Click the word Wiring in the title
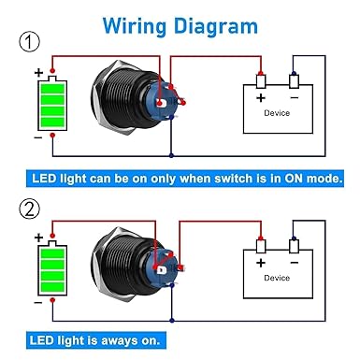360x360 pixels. pos(135,26)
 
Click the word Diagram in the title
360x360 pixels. pos(216,26)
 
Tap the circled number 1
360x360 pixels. pos(30,42)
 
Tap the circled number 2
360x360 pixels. pos(30,209)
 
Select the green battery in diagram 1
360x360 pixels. pos(52,103)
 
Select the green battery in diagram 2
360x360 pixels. pos(52,268)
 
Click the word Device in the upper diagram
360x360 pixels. pos(277,113)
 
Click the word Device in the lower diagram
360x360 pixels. pos(277,278)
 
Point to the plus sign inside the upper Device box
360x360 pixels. pos(261,98)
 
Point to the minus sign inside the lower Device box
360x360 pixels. pos(295,263)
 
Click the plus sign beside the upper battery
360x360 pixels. pos(38,73)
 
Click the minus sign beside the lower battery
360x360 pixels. pos(38,303)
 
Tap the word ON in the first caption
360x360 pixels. pos(294,179)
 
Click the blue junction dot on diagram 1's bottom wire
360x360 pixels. pos(171,155)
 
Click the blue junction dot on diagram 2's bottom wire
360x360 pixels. pos(172,321)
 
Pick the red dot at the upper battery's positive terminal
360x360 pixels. pos(52,70)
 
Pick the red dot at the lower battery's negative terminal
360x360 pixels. pos(52,300)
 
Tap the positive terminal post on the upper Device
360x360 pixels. pos(261,81)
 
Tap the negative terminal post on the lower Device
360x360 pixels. pos(294,246)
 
